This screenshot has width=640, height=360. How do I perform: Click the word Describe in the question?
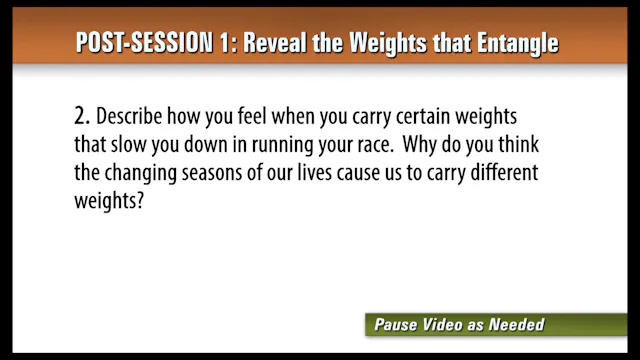131,118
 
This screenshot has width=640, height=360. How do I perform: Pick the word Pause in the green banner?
398,324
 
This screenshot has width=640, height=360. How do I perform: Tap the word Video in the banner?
451,324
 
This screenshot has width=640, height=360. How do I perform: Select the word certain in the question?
411,118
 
